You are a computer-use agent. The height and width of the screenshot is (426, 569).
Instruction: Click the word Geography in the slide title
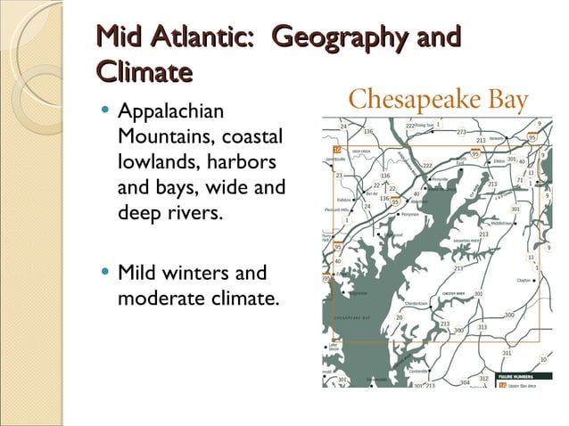[339, 37]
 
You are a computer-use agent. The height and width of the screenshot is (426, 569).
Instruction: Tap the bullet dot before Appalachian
[106, 112]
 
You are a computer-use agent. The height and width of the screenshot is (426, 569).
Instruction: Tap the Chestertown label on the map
[417, 304]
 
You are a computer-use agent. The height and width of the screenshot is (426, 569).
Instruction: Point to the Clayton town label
[524, 280]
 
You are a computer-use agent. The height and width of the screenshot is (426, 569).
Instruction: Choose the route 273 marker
[461, 132]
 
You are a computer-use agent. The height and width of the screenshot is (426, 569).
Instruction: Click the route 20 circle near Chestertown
[400, 317]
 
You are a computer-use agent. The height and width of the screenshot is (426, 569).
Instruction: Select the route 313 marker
[482, 327]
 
